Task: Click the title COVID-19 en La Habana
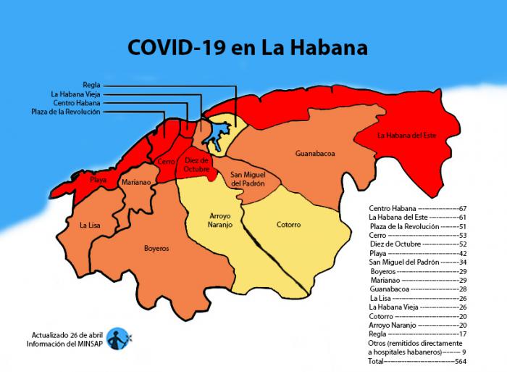[x=247, y=48]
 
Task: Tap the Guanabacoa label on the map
[x=314, y=154]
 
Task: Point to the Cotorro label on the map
[x=288, y=225]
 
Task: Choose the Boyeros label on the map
[x=156, y=248]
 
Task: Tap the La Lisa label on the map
[x=90, y=226]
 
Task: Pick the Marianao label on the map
[x=135, y=183]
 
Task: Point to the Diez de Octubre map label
[x=196, y=165]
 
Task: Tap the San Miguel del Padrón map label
[x=247, y=180]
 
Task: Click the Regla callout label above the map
[x=91, y=85]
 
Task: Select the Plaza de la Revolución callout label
[x=66, y=112]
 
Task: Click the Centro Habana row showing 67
[x=416, y=208]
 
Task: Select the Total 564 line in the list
[x=416, y=360]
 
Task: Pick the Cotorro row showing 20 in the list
[x=416, y=317]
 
